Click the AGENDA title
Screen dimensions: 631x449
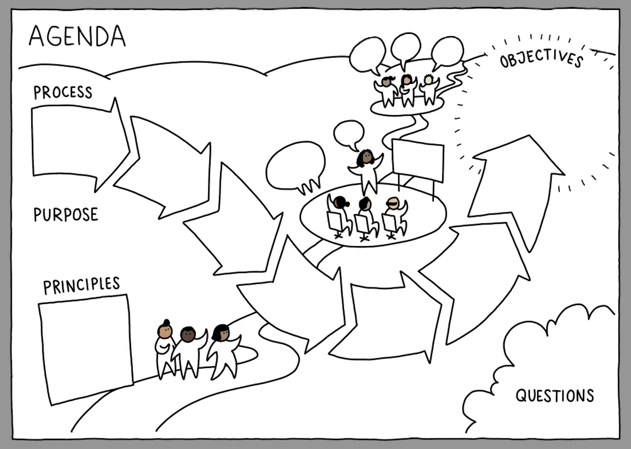pyautogui.click(x=77, y=36)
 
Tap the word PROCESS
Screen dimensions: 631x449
pyautogui.click(x=63, y=93)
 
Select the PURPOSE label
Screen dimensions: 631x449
pyautogui.click(x=66, y=215)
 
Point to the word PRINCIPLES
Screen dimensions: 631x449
pyautogui.click(x=81, y=285)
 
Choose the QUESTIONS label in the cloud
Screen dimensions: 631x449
pyautogui.click(x=555, y=396)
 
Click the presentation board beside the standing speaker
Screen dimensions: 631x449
pyautogui.click(x=418, y=160)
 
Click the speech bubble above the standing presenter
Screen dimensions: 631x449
pyautogui.click(x=349, y=133)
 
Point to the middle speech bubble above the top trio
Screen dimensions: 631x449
pyautogui.click(x=406, y=48)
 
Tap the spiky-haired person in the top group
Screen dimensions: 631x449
pyautogui.click(x=429, y=90)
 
